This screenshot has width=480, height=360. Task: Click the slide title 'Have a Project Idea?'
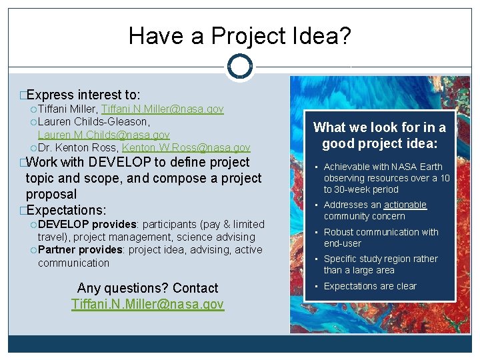pos(239,35)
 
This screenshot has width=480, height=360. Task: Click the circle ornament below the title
pos(239,67)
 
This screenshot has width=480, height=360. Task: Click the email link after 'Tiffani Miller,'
pos(162,109)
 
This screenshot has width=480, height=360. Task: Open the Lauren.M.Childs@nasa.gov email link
pos(103,135)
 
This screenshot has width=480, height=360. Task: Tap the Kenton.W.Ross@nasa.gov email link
pos(186,148)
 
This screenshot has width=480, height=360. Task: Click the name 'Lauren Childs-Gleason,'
pos(93,122)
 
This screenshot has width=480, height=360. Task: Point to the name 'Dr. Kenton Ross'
pos(78,148)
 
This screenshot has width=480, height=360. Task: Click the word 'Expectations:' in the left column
pos(66,210)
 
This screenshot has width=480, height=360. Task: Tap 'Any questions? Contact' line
pos(147,288)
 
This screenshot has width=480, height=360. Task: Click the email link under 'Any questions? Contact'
pos(147,304)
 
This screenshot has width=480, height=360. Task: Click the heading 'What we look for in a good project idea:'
pos(379,135)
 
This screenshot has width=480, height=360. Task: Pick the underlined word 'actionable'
pos(405,205)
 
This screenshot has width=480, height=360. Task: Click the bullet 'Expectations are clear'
pos(370,286)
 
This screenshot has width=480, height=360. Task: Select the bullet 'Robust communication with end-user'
pos(381,237)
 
